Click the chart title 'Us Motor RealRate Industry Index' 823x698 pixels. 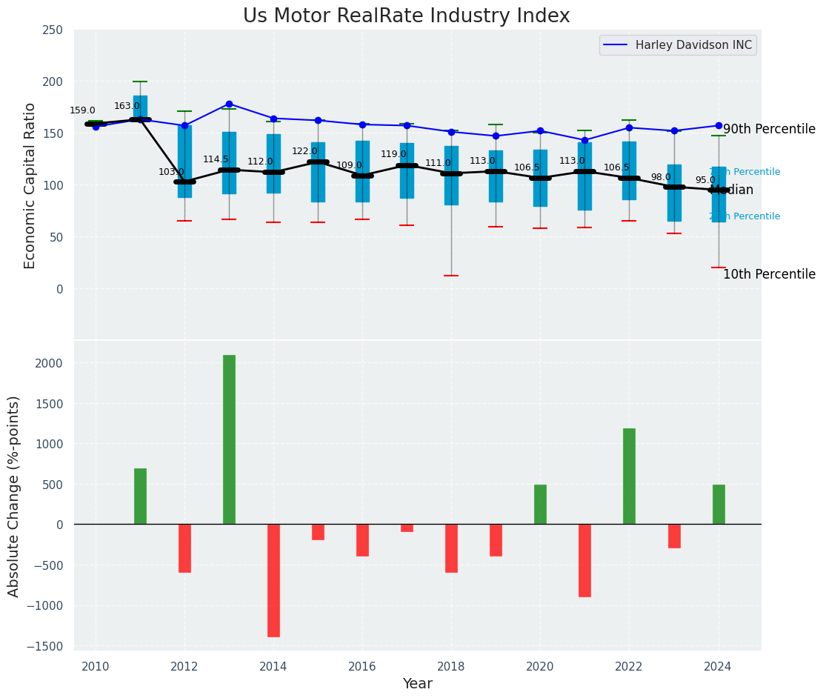pos(407,16)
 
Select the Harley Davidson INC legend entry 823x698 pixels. pos(678,45)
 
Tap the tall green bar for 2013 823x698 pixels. pos(229,439)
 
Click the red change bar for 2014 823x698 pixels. pos(273,580)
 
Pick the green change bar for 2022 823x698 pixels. pos(629,476)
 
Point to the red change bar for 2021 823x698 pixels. pos(584,560)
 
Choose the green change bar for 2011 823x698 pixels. pos(140,496)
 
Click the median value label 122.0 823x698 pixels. pos(304,151)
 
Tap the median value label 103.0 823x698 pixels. pos(171,172)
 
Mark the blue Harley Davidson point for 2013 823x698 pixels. pos(229,104)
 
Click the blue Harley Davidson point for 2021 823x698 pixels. pos(584,140)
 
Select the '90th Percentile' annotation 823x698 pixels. pos(769,129)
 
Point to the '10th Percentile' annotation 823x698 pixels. pos(769,274)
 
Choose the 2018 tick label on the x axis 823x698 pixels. pos(451,667)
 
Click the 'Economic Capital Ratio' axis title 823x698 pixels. pos(30,185)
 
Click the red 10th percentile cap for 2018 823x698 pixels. pos(451,276)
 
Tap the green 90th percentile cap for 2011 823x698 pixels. pos(140,82)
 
